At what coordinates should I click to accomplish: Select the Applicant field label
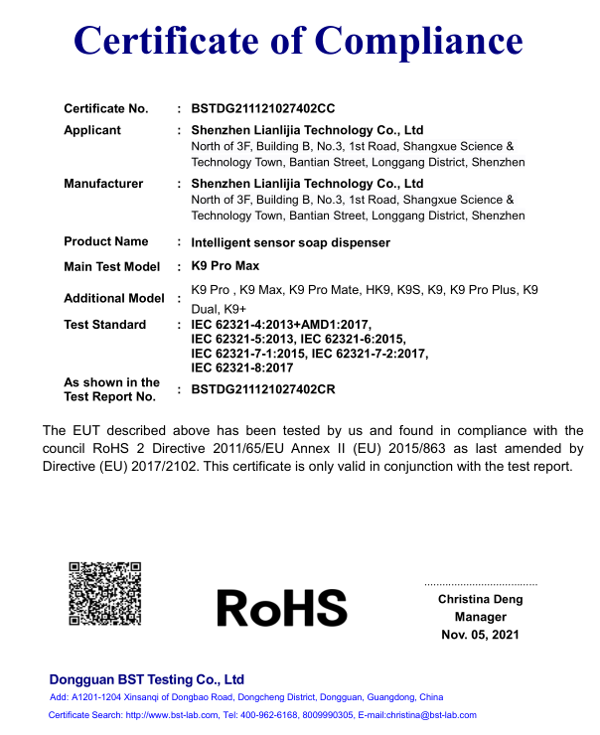tap(92, 130)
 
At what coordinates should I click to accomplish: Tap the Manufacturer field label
tap(103, 184)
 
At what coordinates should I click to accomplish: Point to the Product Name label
tap(106, 241)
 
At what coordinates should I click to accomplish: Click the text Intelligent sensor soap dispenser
tap(290, 242)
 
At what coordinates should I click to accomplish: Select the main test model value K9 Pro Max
tap(225, 267)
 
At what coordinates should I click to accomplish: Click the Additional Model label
tap(114, 298)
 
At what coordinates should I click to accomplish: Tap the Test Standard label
tap(105, 325)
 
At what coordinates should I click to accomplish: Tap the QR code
tap(104, 594)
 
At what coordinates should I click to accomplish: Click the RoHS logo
tap(282, 607)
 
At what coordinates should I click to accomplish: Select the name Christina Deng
tap(480, 599)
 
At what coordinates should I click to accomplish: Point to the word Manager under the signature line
tap(480, 617)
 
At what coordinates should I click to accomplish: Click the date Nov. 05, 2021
tap(480, 635)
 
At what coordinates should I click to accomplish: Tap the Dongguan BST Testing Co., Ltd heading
tap(147, 679)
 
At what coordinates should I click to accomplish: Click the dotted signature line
tap(480, 584)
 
